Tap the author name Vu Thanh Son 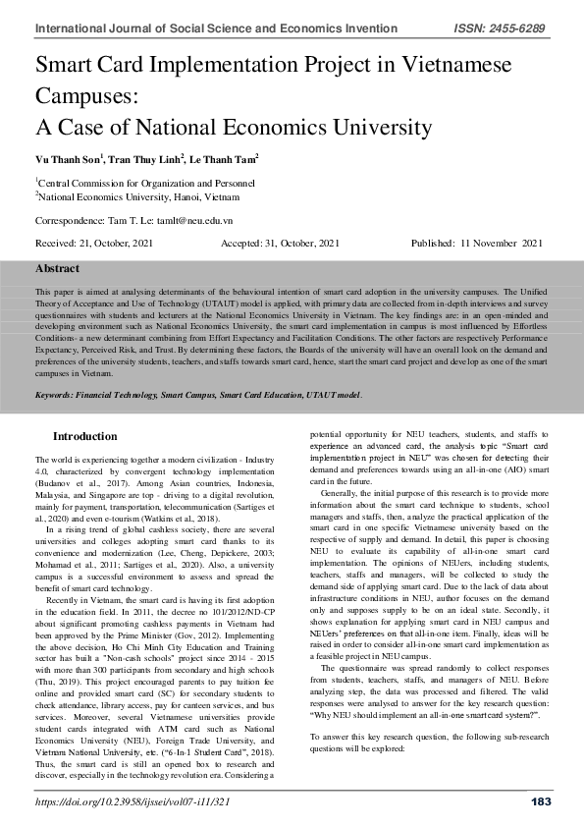pos(67,158)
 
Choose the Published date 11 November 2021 pos(502,243)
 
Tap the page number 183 pos(539,802)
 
